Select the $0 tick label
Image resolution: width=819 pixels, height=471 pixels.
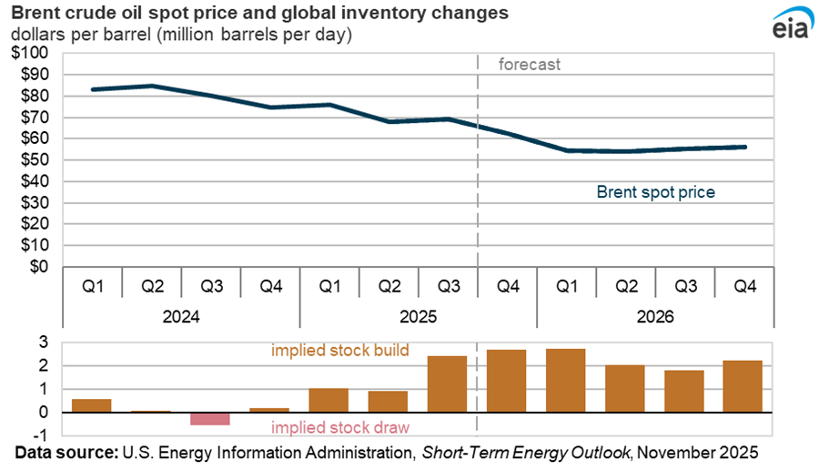pos(39,267)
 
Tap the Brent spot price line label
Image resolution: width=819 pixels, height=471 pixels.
pos(655,192)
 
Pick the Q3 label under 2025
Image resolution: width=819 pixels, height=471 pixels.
pos(449,286)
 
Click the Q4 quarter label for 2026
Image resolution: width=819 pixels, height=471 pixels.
pos(745,286)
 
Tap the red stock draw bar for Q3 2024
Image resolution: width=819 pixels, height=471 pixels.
pos(210,418)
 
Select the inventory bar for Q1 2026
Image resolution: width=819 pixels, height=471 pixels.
pos(566,380)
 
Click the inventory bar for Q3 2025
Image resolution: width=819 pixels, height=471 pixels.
pos(447,384)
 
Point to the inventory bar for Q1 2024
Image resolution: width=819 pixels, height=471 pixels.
pos(92,405)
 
